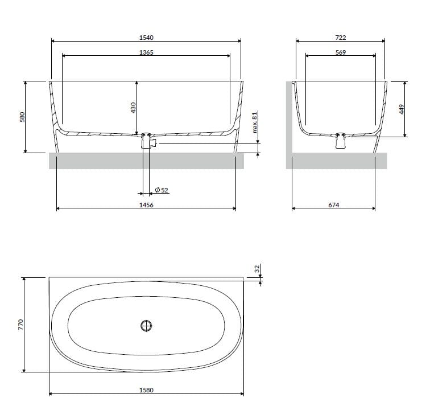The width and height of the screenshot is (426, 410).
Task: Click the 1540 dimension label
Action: (146, 38)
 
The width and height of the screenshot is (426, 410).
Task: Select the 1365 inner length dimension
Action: (146, 52)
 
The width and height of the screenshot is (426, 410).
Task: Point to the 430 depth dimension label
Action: (133, 107)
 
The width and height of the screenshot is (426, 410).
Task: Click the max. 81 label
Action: (256, 121)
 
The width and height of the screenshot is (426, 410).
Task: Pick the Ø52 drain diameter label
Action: (162, 190)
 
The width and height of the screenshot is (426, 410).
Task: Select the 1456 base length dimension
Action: (146, 205)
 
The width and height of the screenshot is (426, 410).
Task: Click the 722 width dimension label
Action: (341, 38)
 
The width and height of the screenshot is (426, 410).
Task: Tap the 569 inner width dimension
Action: (341, 52)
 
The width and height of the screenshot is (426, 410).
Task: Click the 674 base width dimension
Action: (334, 205)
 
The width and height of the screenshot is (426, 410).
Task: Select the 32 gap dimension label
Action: (257, 268)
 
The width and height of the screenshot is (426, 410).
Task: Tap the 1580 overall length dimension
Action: (146, 390)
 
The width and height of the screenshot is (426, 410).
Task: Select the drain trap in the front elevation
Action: (148, 142)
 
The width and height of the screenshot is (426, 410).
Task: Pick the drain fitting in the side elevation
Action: (341, 141)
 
